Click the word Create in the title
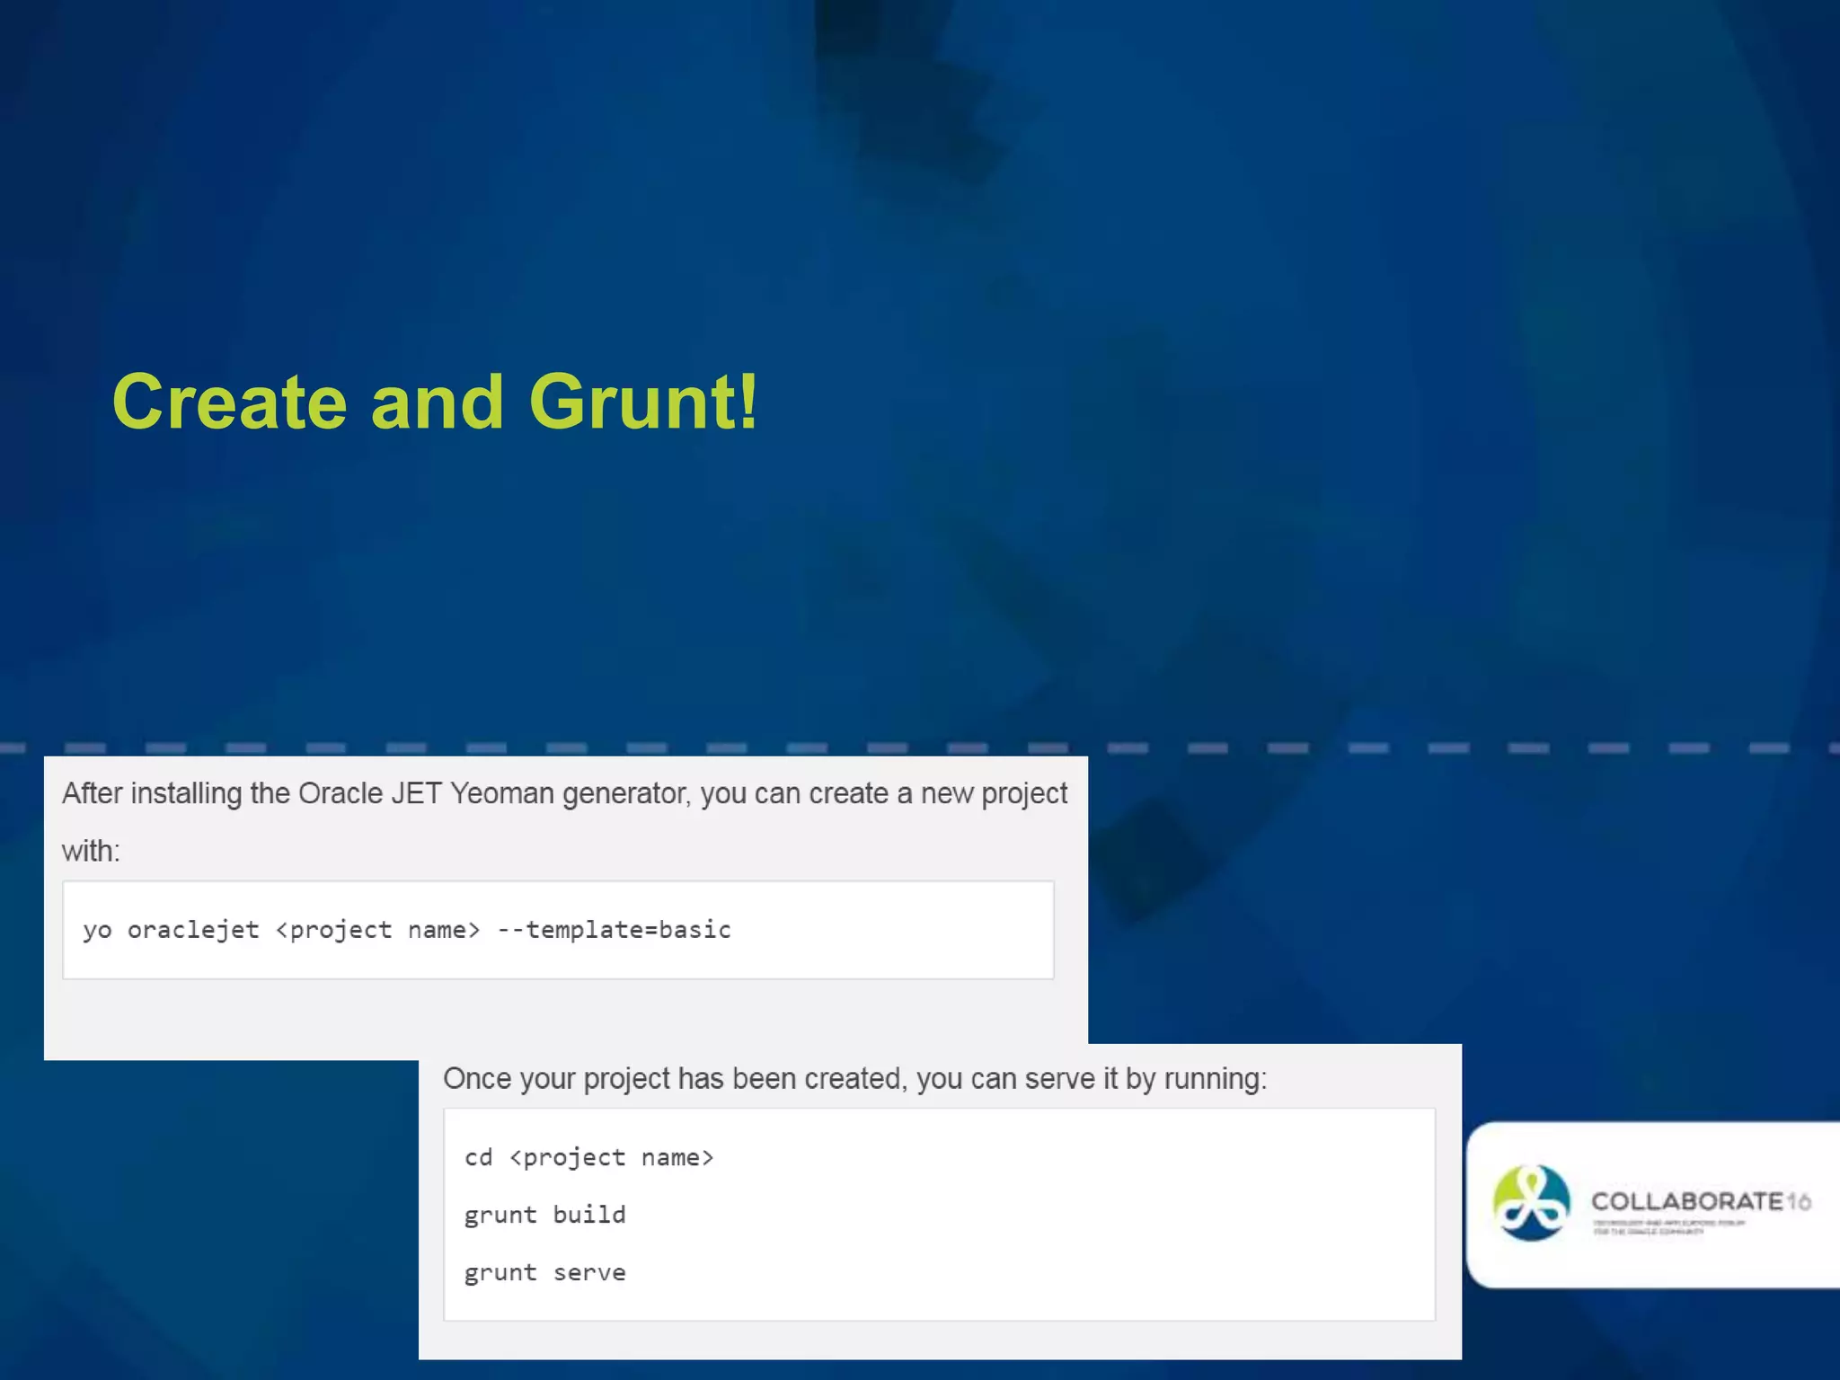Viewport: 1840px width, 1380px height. (x=230, y=402)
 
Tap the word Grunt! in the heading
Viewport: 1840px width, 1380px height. (x=643, y=402)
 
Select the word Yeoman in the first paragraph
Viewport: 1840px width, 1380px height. (x=502, y=794)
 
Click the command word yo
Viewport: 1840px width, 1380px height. (x=97, y=931)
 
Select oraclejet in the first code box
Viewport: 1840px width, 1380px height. (x=193, y=930)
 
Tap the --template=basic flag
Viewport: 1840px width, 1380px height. (x=615, y=930)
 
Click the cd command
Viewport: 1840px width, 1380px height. (x=478, y=1158)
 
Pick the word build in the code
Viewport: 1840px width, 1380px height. (x=589, y=1215)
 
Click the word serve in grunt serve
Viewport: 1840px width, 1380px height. (x=589, y=1273)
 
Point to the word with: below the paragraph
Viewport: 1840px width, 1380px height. (x=91, y=851)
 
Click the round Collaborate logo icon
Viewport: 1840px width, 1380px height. (x=1531, y=1203)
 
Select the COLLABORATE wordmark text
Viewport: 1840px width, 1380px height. (x=1686, y=1201)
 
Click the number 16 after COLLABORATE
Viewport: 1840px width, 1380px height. (x=1799, y=1201)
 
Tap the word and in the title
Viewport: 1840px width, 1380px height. (x=438, y=402)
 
